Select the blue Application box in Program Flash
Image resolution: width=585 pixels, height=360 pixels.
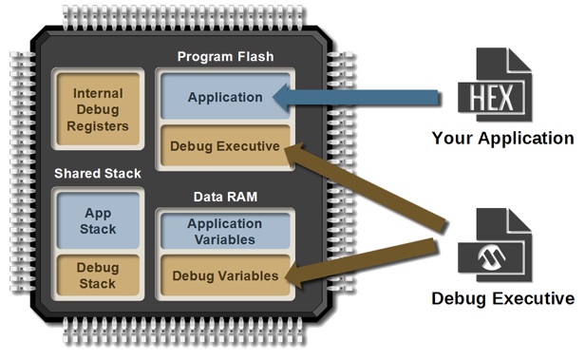[x=225, y=97]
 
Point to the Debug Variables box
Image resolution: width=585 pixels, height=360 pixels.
[x=224, y=276]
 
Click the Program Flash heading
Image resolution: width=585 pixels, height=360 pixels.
[x=225, y=57]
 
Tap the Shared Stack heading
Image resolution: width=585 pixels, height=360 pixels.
[x=98, y=173]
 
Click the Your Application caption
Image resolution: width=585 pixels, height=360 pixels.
[x=503, y=139]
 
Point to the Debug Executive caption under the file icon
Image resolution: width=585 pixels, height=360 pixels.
[x=503, y=300]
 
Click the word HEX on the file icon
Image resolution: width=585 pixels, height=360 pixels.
[x=488, y=96]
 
